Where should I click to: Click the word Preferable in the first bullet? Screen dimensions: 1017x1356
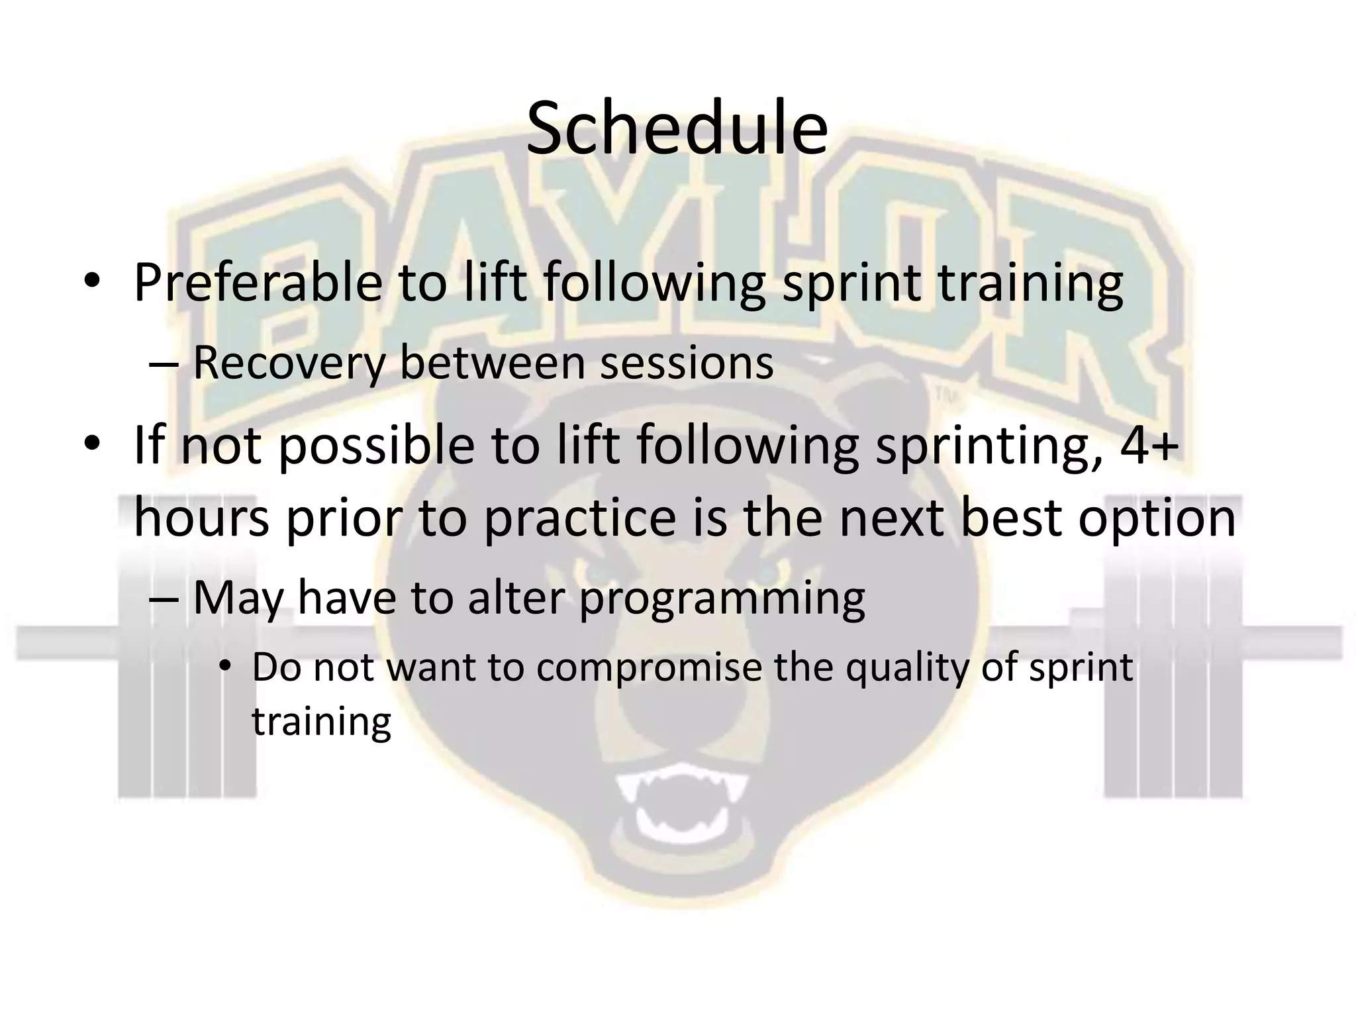pyautogui.click(x=258, y=283)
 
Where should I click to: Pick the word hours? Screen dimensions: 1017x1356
pyautogui.click(x=201, y=518)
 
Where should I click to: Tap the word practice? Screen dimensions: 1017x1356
pyautogui.click(x=580, y=518)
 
